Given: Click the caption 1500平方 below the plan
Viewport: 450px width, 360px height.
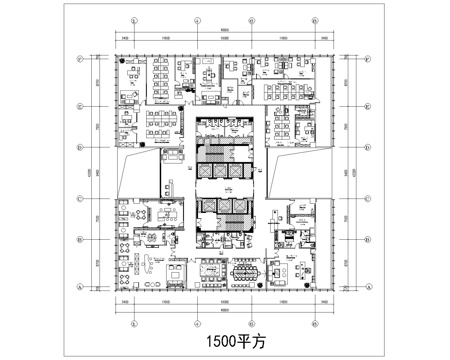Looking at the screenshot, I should pos(224,340).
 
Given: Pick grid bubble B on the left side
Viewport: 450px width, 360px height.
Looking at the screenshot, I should pos(79,240).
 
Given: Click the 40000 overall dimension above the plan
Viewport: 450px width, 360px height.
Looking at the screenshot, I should pos(225,28).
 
